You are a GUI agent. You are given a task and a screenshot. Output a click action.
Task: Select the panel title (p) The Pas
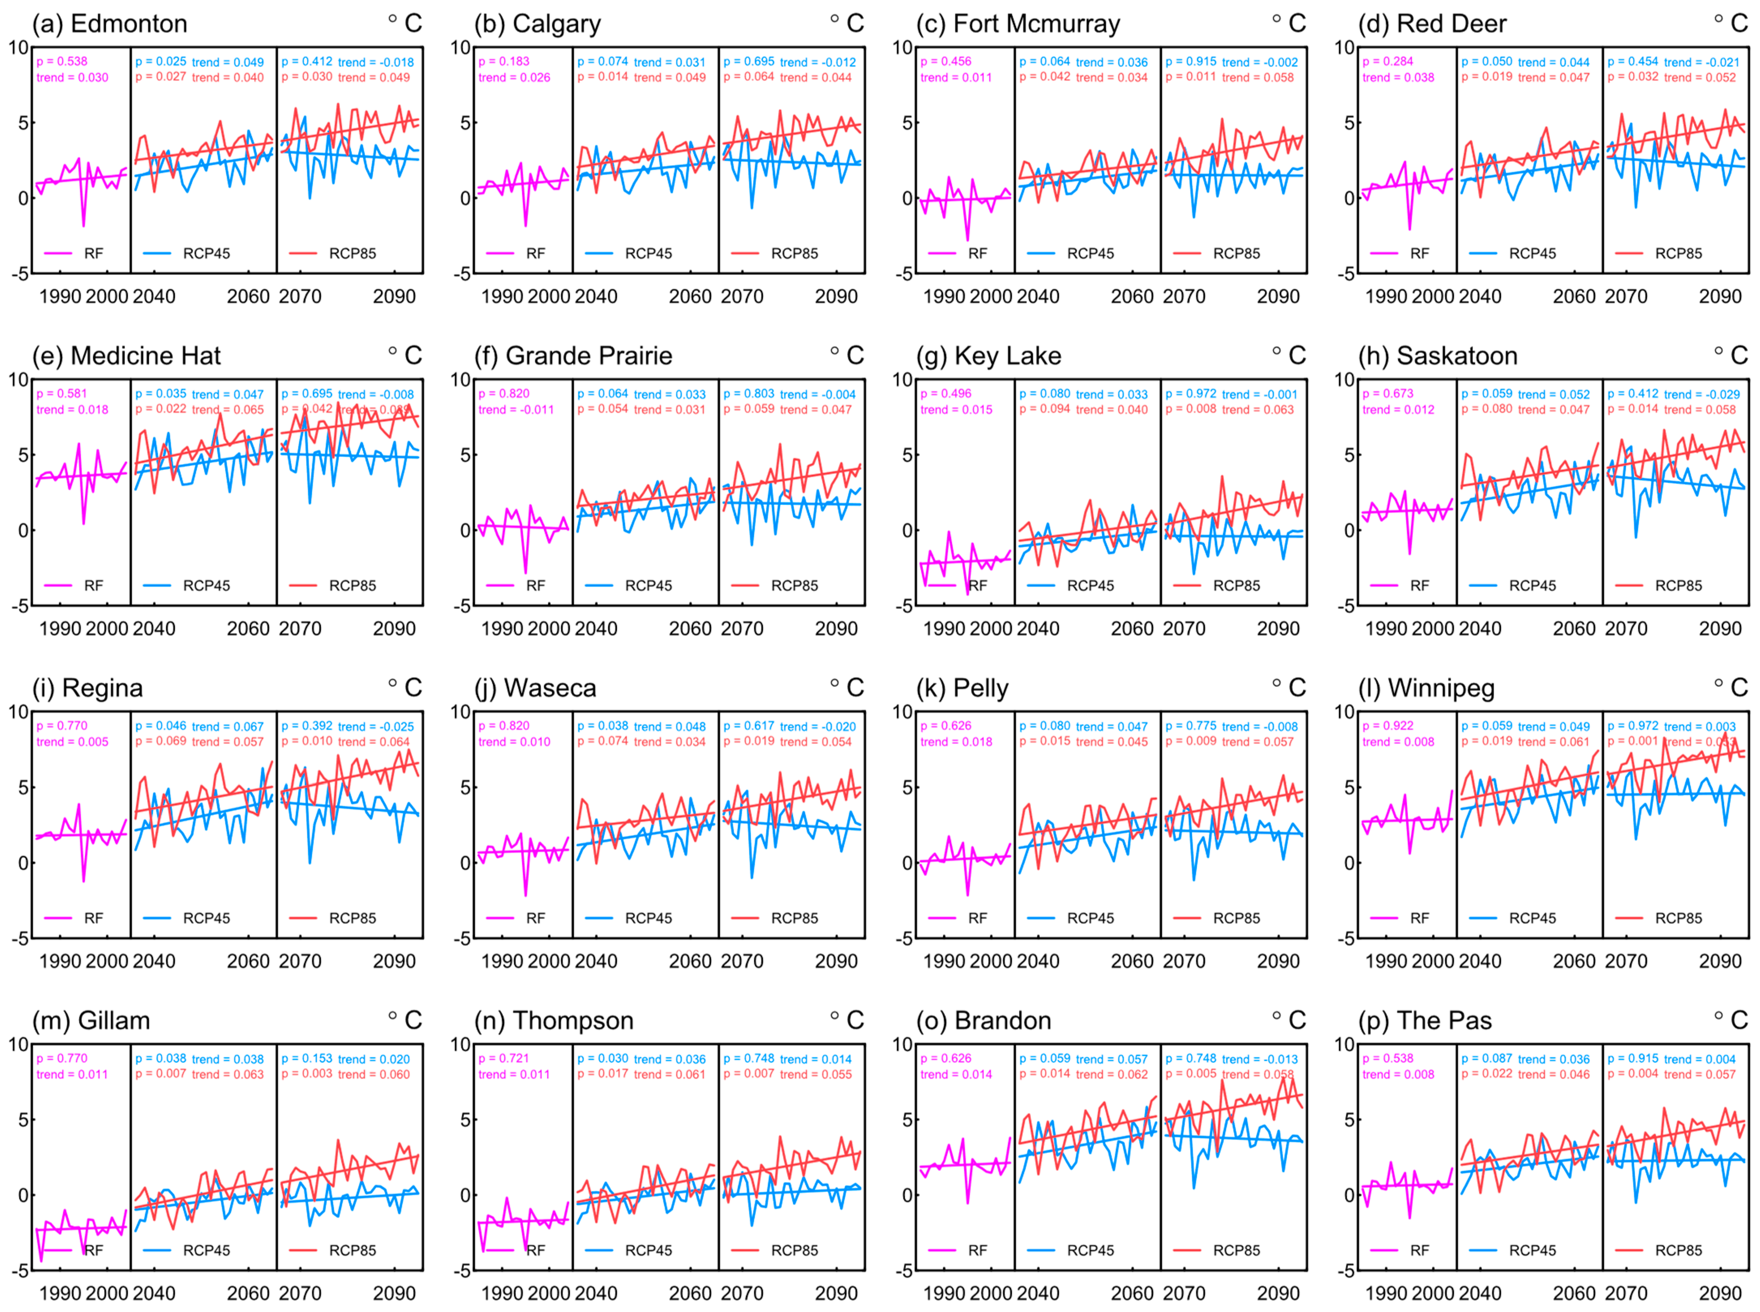pyautogui.click(x=1425, y=1020)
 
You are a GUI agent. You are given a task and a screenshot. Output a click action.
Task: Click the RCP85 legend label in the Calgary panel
pyautogui.click(x=794, y=253)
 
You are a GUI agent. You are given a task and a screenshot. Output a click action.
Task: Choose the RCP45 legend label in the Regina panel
pyautogui.click(x=206, y=918)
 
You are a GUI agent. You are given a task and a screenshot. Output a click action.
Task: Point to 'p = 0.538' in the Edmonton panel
pyautogui.click(x=62, y=61)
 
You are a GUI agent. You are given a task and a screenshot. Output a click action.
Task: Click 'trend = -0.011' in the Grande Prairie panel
pyautogui.click(x=516, y=410)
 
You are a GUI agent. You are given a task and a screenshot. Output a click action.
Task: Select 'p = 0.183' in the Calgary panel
pyautogui.click(x=504, y=61)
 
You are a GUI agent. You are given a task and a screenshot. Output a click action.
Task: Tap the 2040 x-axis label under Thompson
pyautogui.click(x=596, y=1294)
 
